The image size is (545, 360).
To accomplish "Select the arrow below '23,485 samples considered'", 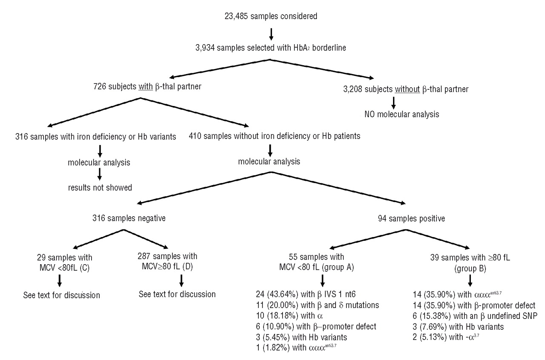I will (x=271, y=33).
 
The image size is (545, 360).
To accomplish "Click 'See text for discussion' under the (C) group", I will (x=61, y=295).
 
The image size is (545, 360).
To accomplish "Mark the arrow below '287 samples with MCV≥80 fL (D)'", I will (x=182, y=280).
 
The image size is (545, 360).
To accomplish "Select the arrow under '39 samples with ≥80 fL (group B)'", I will (x=470, y=280).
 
